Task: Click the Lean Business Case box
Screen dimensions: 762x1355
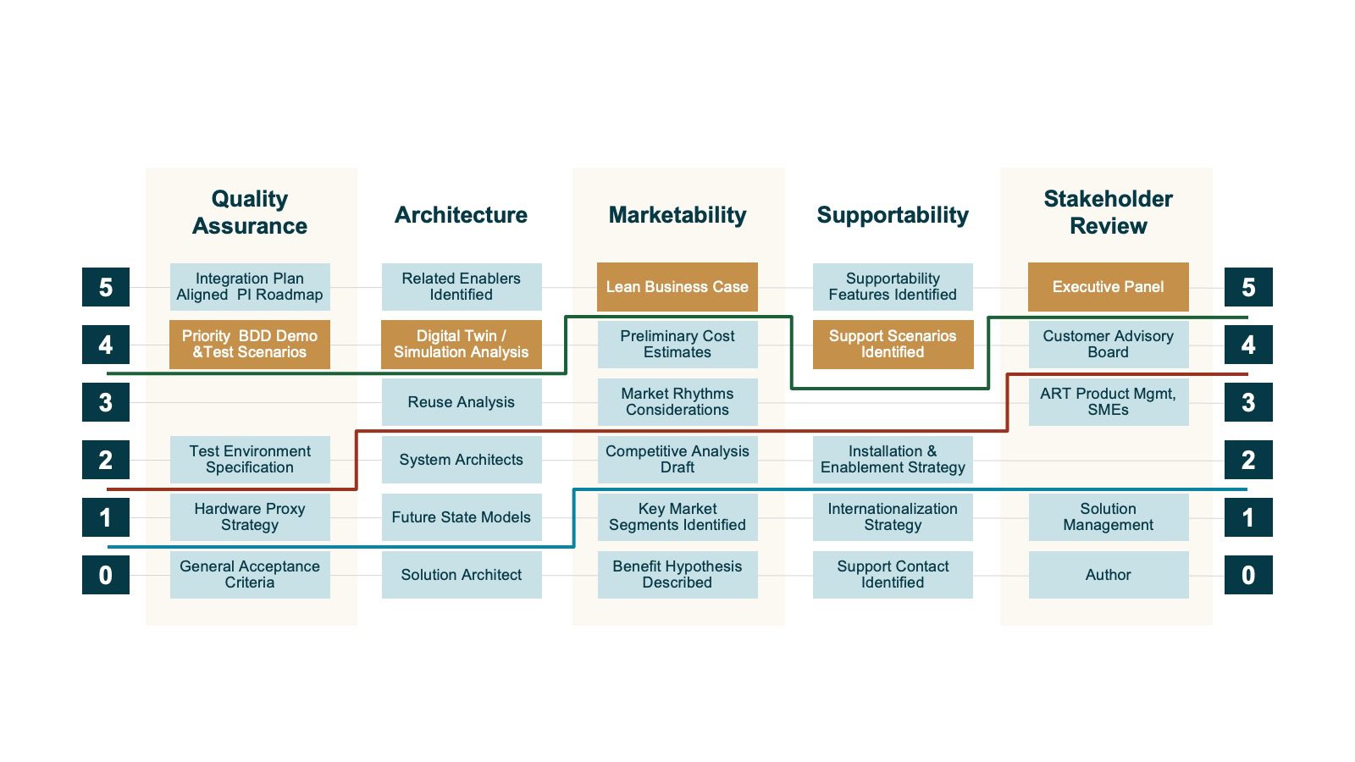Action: click(677, 287)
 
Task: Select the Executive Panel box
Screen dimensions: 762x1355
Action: click(1108, 287)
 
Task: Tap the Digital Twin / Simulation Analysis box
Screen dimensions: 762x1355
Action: click(461, 345)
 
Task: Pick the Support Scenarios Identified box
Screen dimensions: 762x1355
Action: click(893, 345)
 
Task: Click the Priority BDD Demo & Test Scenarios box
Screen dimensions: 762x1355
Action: click(249, 345)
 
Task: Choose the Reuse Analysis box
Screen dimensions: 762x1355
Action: click(461, 402)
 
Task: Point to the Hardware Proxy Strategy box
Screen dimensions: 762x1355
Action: click(249, 517)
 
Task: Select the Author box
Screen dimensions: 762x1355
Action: click(1108, 575)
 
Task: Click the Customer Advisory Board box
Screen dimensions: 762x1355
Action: click(1108, 345)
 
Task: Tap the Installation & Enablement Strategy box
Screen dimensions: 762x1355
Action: click(893, 460)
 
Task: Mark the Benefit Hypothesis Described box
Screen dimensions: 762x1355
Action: click(677, 575)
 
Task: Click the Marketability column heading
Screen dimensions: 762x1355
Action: click(677, 215)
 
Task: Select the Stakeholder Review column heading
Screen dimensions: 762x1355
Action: click(1108, 213)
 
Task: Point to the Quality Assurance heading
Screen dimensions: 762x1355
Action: click(249, 213)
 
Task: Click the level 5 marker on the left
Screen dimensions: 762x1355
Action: click(106, 287)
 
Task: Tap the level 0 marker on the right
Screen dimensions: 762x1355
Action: click(1248, 575)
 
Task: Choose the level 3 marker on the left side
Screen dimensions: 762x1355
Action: click(106, 402)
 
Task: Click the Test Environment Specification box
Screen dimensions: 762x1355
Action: click(249, 460)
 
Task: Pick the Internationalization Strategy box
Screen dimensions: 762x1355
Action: click(893, 517)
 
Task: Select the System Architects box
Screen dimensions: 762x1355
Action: click(461, 460)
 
